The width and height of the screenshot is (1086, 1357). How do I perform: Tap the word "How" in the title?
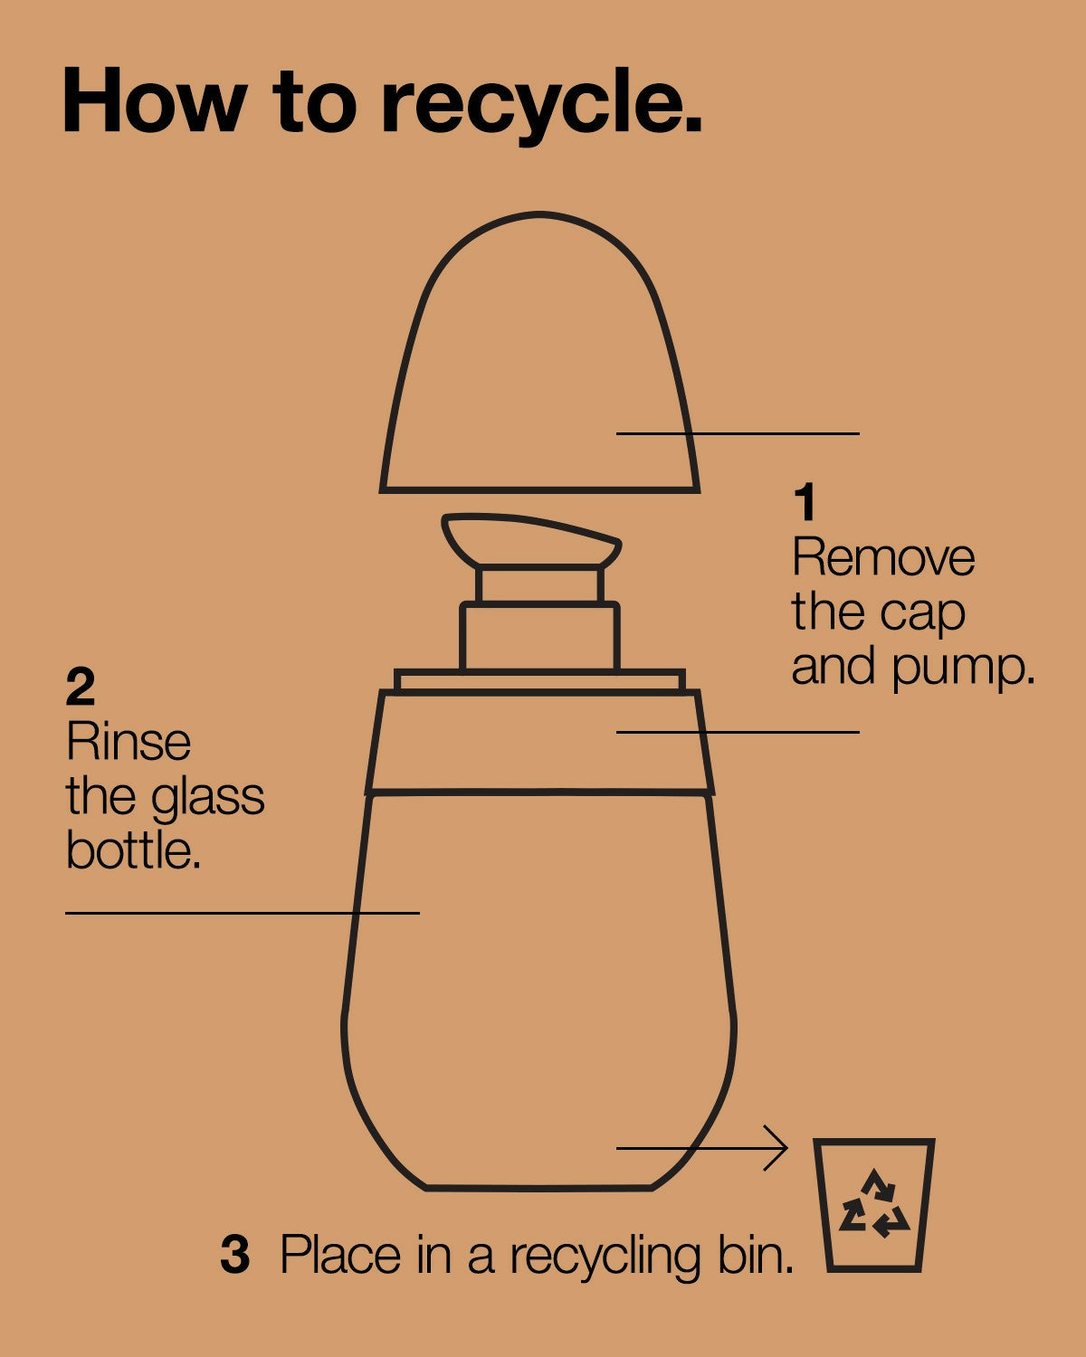[x=155, y=100]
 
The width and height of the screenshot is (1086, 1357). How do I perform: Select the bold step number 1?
[x=805, y=502]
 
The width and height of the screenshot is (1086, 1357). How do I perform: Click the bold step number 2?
[x=81, y=687]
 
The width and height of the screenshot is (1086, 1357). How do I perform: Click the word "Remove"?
[x=883, y=556]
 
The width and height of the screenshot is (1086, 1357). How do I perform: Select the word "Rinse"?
[x=129, y=742]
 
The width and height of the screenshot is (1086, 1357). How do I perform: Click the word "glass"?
[x=207, y=801]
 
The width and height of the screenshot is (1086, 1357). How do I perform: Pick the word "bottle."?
[x=133, y=851]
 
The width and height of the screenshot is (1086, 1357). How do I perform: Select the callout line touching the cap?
[x=738, y=434]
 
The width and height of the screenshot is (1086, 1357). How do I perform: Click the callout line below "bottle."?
[x=243, y=913]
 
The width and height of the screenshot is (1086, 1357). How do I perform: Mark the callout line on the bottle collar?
[x=738, y=732]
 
